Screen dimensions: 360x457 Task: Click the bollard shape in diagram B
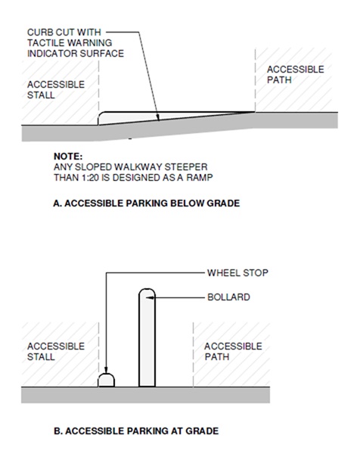click(147, 337)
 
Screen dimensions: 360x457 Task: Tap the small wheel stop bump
click(106, 380)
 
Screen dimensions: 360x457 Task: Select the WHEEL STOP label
click(237, 273)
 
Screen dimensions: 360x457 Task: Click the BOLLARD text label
click(228, 297)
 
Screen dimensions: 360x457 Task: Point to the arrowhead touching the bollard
click(149, 297)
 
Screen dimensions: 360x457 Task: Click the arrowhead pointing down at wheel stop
click(106, 369)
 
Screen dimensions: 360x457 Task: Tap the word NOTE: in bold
click(68, 156)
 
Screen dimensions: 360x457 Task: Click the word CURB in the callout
click(39, 32)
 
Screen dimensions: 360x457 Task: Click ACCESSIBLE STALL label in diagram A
click(56, 90)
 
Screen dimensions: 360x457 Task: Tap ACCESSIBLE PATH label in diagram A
click(296, 75)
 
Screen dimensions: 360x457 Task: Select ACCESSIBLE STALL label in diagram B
click(56, 352)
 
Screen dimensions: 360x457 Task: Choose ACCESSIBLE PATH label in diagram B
click(233, 352)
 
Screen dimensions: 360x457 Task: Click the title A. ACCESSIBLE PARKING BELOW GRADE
click(147, 203)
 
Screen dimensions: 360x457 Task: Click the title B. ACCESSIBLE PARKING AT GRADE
click(136, 431)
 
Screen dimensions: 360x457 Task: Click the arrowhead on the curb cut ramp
click(158, 117)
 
